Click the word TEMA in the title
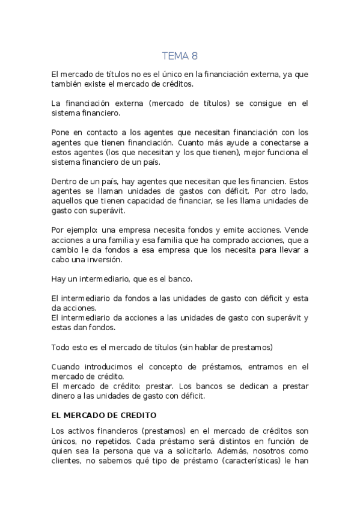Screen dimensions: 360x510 point(175,56)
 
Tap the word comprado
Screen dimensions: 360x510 point(213,240)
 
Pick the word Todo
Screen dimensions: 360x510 point(61,347)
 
